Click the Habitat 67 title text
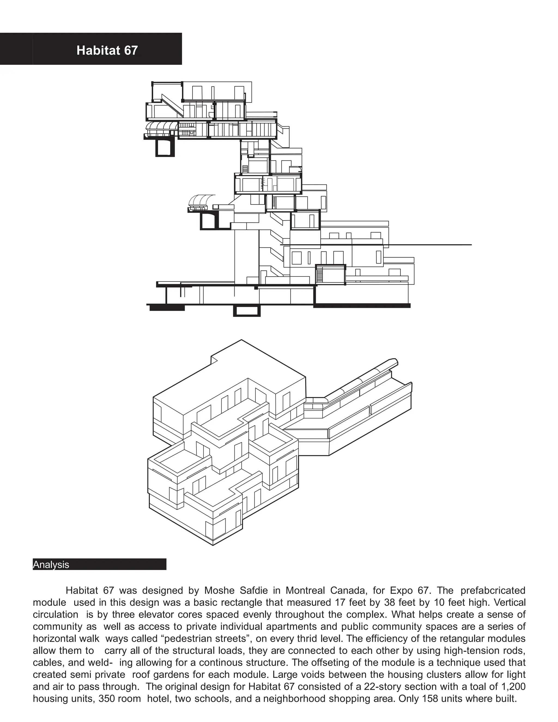pos(107,50)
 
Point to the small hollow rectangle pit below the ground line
pos(247,311)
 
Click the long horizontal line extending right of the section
pos(430,245)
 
